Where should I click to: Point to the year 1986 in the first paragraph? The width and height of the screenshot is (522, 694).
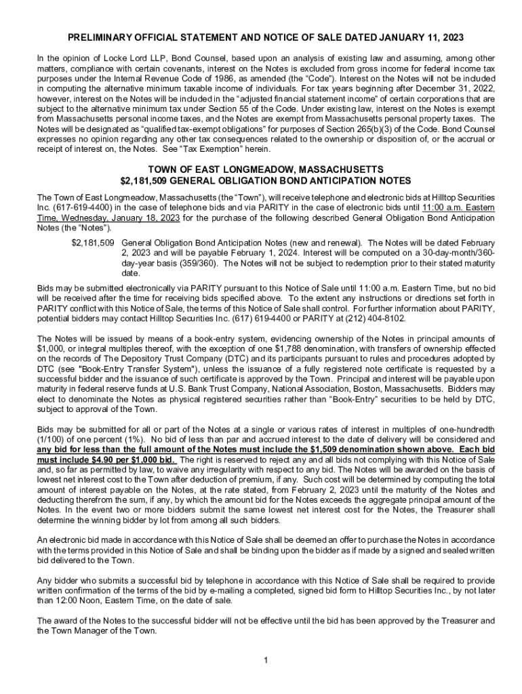pos(228,77)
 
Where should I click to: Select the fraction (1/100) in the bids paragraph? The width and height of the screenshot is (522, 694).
pos(52,439)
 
